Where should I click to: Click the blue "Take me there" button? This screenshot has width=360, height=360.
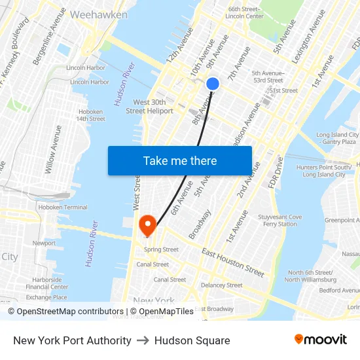tap(180, 160)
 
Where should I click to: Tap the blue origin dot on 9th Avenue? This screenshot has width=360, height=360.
tap(213, 84)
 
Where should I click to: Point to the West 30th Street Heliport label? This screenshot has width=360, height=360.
tap(153, 107)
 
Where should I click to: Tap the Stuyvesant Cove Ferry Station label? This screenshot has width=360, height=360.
tap(279, 221)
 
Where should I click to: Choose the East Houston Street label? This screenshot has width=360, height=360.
tap(233, 262)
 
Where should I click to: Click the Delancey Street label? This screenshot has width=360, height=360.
tap(221, 285)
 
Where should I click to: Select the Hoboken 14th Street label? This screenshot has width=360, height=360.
tap(90, 115)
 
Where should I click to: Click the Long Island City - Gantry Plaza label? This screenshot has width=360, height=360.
tap(336, 138)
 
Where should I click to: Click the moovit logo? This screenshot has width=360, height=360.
tap(321, 340)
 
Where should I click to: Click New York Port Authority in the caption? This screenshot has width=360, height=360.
tap(72, 340)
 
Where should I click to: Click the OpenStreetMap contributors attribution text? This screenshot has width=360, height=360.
tap(70, 312)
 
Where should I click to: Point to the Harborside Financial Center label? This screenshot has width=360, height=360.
tap(46, 283)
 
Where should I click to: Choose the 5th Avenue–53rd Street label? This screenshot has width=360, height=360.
tap(268, 77)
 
